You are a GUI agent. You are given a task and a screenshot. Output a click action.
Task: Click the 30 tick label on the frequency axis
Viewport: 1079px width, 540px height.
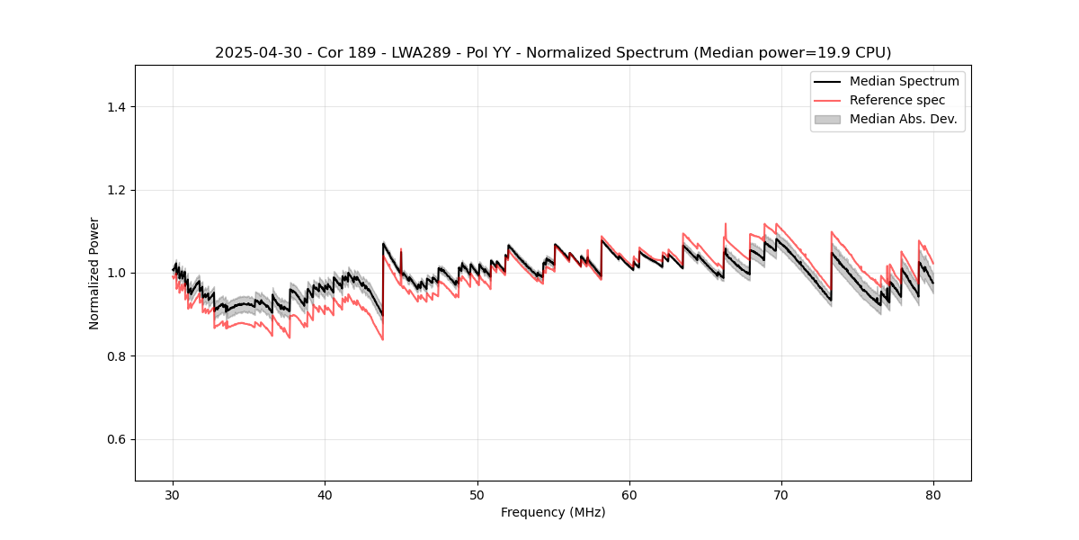tap(174, 494)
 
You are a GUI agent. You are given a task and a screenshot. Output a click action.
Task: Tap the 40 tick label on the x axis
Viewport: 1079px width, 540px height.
tap(325, 494)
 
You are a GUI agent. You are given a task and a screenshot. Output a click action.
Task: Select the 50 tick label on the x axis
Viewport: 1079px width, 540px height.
tap(477, 494)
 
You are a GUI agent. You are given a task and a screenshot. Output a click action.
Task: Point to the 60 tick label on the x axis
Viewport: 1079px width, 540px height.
tap(629, 494)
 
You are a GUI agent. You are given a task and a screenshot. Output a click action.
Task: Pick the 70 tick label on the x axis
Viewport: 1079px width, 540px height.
tap(781, 494)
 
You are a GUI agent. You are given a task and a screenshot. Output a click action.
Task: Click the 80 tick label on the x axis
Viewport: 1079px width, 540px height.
tap(933, 494)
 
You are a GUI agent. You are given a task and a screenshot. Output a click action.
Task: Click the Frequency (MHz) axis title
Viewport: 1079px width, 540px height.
tap(553, 512)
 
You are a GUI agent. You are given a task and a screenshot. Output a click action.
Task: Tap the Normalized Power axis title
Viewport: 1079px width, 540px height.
tap(94, 273)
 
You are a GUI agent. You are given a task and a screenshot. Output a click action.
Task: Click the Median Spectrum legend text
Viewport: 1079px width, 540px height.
tap(904, 81)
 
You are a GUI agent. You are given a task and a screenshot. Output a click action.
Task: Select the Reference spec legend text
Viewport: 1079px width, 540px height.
tap(896, 100)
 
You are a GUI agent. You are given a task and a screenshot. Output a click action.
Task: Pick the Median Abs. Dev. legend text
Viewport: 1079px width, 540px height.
tap(903, 119)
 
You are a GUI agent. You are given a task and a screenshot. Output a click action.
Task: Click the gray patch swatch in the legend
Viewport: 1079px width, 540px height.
tap(827, 119)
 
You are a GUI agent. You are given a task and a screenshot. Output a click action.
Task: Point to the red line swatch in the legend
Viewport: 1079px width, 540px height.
tap(827, 100)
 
